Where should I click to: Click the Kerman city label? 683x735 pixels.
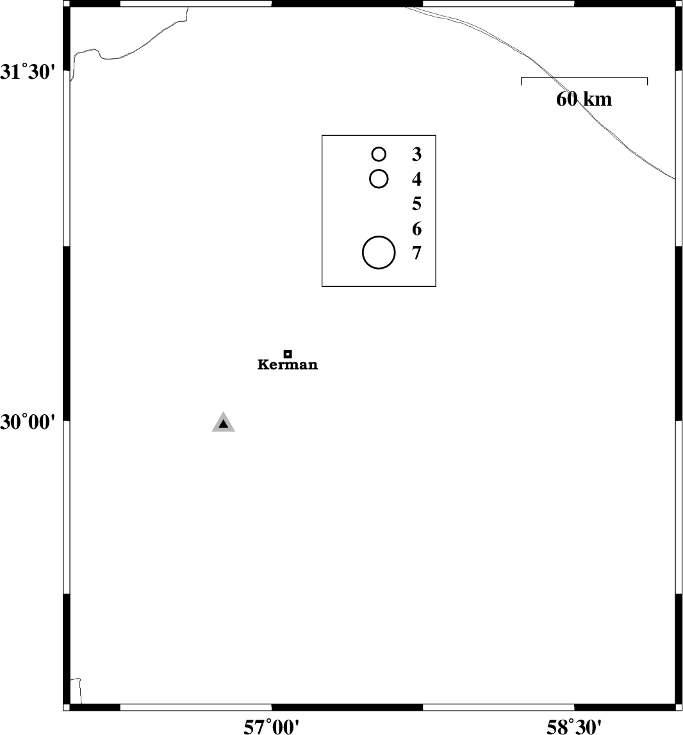coord(288,365)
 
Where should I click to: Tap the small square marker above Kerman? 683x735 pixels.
coord(288,354)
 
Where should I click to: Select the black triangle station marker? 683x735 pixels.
coord(223,423)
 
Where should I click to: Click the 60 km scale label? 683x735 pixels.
coord(584,99)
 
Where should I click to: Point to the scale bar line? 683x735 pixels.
coord(584,78)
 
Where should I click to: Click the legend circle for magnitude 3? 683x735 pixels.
coord(379,154)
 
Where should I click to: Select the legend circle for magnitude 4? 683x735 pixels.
coord(379,179)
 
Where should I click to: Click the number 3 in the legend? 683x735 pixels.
coord(416,154)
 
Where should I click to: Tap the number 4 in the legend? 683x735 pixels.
coord(416,179)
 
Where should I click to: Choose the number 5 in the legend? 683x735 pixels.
coord(416,204)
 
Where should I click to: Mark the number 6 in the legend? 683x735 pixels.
coord(416,229)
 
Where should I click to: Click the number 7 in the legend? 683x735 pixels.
coord(416,253)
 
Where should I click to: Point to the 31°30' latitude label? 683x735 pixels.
coord(28,72)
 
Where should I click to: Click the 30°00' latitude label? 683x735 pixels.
coord(28,423)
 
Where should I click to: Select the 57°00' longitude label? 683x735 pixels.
coord(271,727)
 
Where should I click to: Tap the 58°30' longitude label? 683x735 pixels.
coord(574,727)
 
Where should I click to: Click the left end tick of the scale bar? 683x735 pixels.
coord(521,81)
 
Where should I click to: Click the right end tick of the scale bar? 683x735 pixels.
coord(647,81)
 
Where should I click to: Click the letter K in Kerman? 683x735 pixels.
coord(263,365)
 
